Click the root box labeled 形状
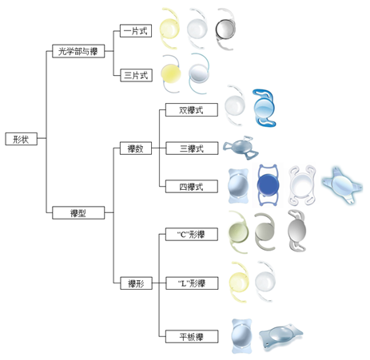[22, 139]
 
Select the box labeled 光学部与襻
[78, 51]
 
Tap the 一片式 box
[136, 31]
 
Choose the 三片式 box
[136, 75]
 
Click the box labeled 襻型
[78, 212]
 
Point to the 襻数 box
[136, 148]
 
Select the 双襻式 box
[192, 110]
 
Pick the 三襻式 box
[192, 148]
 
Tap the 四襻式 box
[192, 186]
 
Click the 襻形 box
[136, 283]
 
